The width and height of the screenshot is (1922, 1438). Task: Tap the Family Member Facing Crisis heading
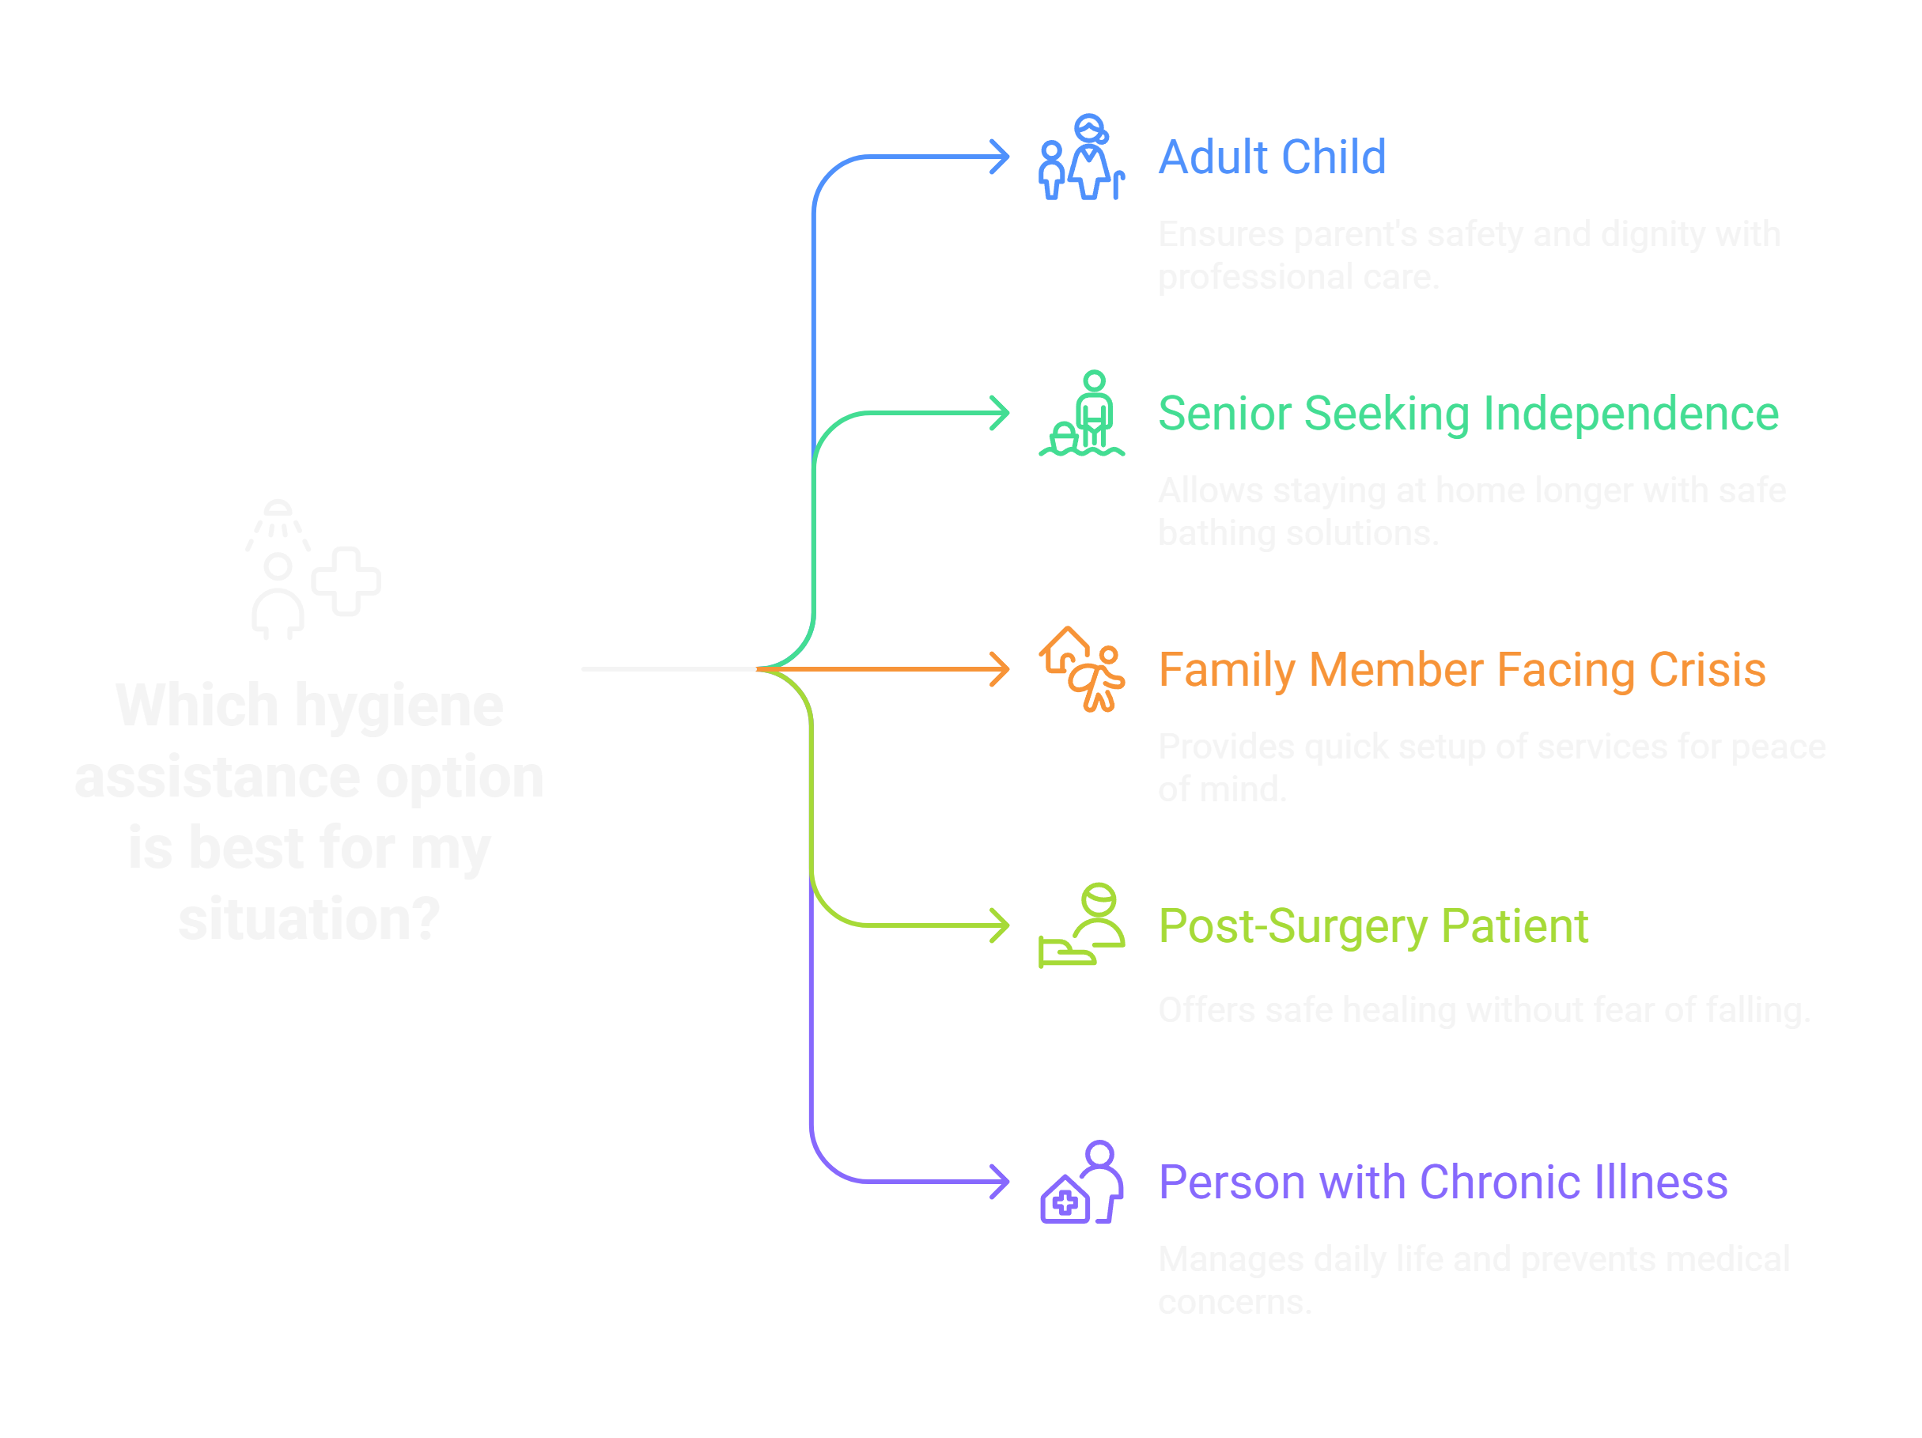point(1462,670)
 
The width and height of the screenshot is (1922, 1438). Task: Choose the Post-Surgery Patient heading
point(1373,926)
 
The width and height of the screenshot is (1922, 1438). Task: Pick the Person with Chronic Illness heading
point(1443,1183)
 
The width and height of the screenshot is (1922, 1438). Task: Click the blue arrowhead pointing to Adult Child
point(1002,157)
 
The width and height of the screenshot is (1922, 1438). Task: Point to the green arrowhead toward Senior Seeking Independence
point(1002,414)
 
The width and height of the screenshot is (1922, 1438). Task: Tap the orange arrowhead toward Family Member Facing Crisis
point(1002,670)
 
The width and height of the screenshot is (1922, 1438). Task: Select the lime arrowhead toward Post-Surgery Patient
point(1002,926)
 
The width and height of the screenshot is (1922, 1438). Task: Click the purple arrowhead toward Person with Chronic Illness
point(1002,1183)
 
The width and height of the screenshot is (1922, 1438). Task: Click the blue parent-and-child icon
point(1081,158)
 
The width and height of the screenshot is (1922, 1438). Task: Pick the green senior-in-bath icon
point(1082,414)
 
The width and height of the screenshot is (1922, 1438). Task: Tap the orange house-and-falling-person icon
point(1082,670)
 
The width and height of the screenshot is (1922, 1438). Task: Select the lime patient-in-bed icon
point(1082,926)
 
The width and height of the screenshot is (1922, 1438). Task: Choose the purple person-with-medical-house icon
point(1082,1183)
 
